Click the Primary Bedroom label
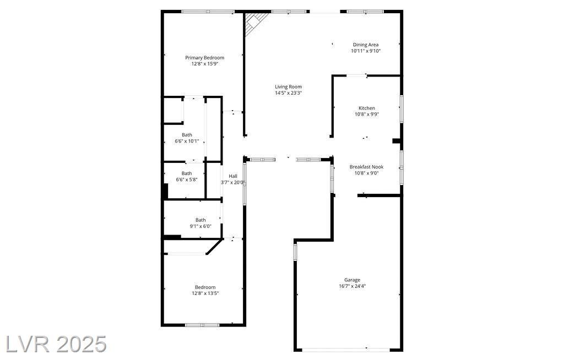tap(205, 58)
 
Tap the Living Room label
tap(288, 86)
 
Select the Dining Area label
tap(366, 45)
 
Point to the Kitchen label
tap(366, 108)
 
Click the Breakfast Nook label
tap(366, 167)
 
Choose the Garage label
tap(352, 280)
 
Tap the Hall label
tap(233, 176)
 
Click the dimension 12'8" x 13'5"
tap(205, 293)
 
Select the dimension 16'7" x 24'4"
tap(352, 286)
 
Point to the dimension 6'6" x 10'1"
tap(187, 141)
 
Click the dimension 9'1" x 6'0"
tap(200, 226)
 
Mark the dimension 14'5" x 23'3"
tap(288, 93)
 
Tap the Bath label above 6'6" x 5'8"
tap(187, 173)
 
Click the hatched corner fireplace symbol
tap(254, 23)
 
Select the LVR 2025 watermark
tap(57, 344)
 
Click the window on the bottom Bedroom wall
tap(202, 325)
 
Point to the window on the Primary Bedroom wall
tap(208, 12)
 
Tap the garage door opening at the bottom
tap(345, 349)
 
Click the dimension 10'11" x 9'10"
tap(366, 51)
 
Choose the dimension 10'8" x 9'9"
tap(366, 114)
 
